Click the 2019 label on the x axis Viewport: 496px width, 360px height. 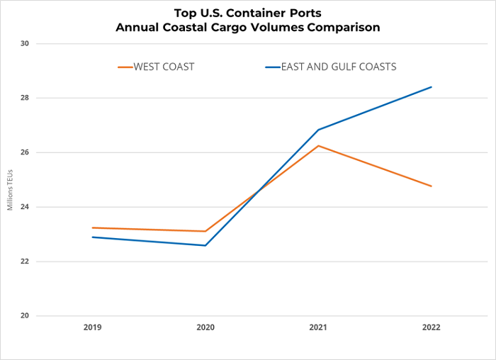[x=92, y=327]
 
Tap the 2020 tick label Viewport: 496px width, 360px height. [x=205, y=327]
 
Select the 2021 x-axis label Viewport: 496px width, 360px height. [x=318, y=327]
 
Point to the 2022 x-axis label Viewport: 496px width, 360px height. [x=431, y=327]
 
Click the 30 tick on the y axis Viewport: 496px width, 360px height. [x=25, y=44]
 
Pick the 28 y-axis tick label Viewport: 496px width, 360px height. [x=25, y=98]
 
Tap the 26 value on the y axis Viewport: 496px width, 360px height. [x=25, y=152]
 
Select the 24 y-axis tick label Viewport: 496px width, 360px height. [x=25, y=207]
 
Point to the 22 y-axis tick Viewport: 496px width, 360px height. [x=25, y=261]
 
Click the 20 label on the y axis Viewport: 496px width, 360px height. [x=25, y=316]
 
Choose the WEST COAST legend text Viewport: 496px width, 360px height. [x=166, y=67]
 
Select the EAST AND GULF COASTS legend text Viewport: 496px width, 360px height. [x=339, y=67]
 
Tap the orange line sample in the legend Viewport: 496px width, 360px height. [x=126, y=67]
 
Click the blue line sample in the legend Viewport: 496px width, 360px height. [x=273, y=67]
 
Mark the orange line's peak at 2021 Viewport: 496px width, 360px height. [x=318, y=146]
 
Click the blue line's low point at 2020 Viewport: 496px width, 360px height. [x=205, y=245]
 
